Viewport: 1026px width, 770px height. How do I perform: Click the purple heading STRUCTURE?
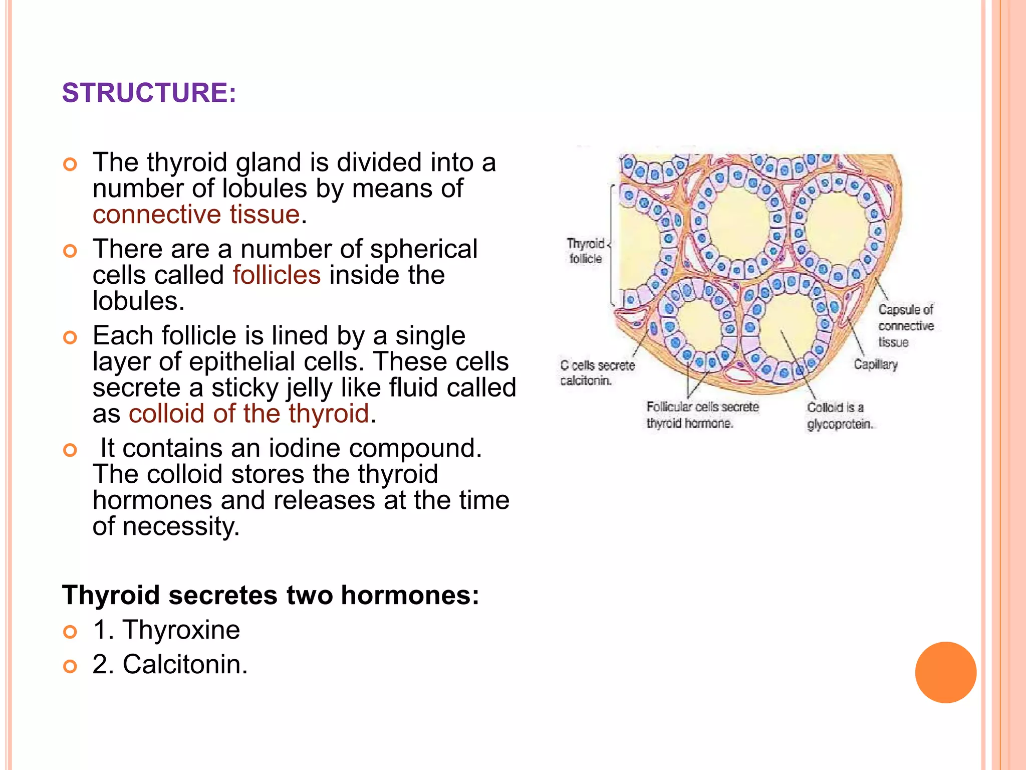149,93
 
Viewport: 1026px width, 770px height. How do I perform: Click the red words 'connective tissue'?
196,214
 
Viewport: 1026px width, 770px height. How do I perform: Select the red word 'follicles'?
277,275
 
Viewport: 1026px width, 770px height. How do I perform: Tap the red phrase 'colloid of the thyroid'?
249,414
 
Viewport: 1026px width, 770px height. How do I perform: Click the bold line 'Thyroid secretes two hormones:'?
271,595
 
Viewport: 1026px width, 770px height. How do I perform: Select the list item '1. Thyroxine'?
166,630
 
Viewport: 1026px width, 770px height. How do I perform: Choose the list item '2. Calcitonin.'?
170,664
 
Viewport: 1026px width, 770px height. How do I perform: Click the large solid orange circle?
945,672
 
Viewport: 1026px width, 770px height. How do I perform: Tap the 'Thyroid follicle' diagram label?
586,251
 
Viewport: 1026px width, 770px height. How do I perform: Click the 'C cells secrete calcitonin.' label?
597,373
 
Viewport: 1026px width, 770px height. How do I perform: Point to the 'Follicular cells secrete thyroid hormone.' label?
702,415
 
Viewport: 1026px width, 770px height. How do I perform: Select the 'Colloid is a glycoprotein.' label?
840,416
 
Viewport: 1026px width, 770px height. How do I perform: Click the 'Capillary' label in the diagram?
875,364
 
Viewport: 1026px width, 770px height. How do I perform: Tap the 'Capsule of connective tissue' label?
906,326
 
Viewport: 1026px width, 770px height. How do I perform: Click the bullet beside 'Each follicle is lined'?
70,337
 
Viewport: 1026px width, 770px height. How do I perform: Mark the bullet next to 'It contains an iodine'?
70,450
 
